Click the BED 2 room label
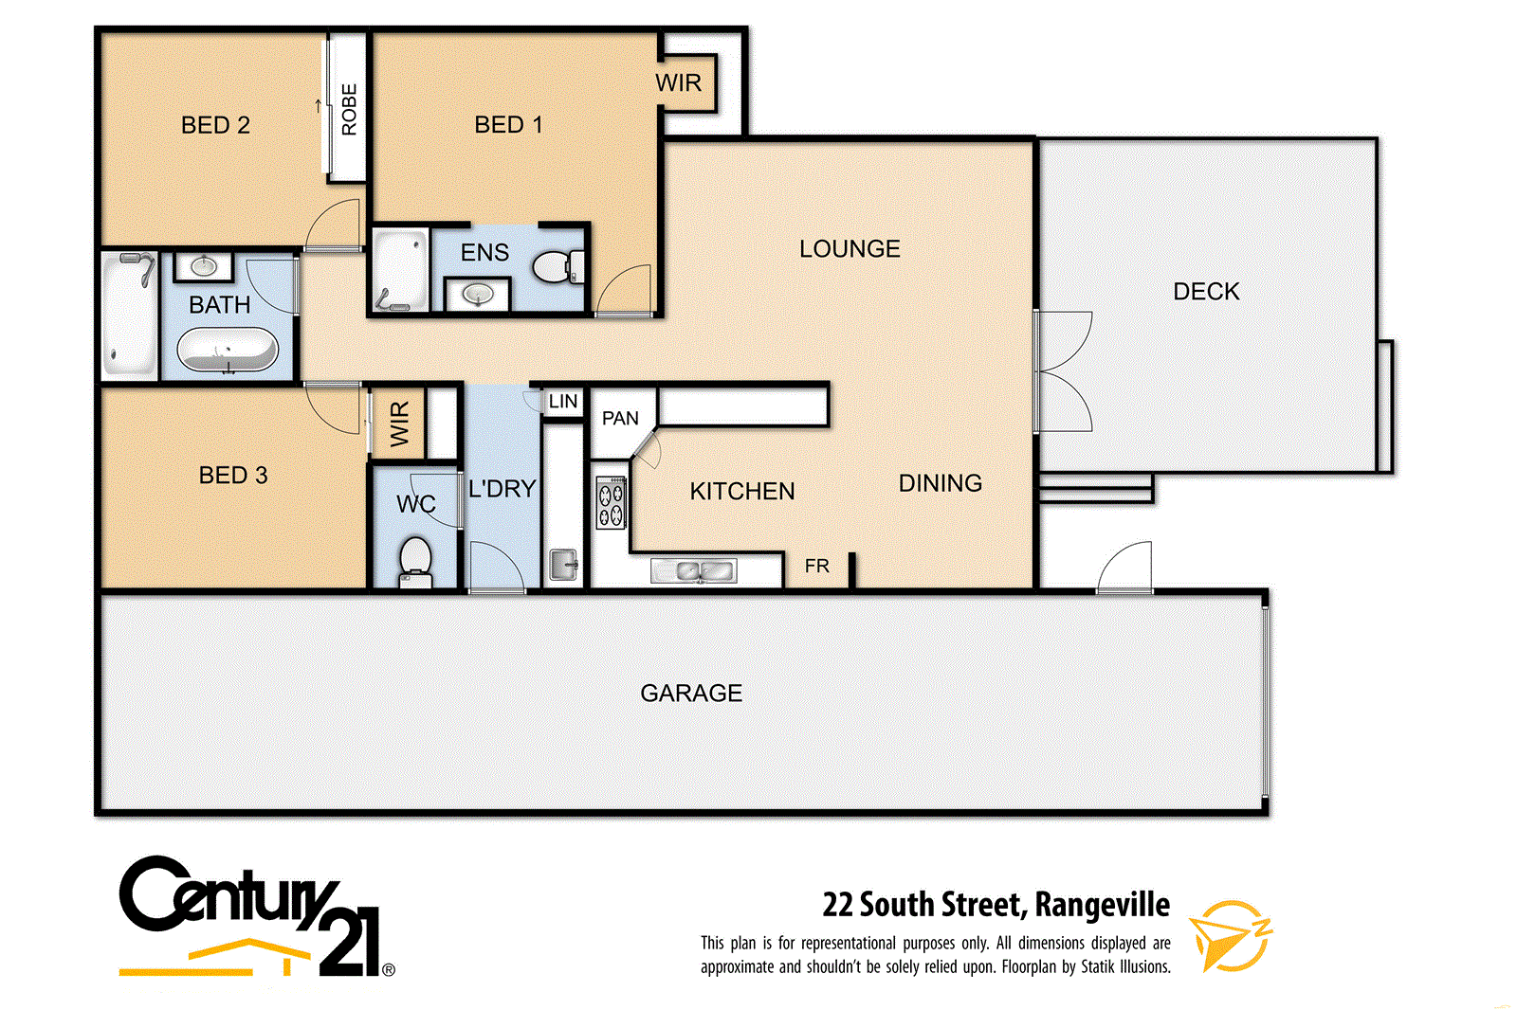click(x=215, y=125)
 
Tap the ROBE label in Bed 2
click(x=349, y=109)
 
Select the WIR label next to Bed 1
click(x=679, y=83)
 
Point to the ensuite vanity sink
click(x=478, y=296)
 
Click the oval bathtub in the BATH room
click(x=228, y=350)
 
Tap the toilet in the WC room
click(x=415, y=559)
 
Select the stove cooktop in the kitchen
click(x=610, y=503)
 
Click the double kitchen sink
click(x=693, y=571)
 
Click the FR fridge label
click(x=816, y=567)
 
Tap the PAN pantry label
click(x=620, y=419)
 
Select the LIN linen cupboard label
click(x=563, y=402)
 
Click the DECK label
click(x=1206, y=292)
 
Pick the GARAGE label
click(x=691, y=694)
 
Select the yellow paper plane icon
click(x=1229, y=935)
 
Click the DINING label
click(x=940, y=483)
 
